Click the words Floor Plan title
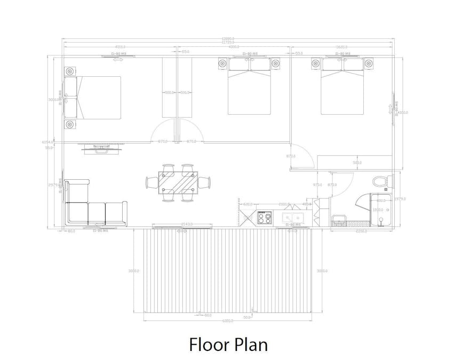228,344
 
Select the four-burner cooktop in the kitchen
264,218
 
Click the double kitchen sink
292,218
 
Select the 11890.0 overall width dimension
228,38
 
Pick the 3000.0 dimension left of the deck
134,271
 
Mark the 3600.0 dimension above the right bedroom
342,47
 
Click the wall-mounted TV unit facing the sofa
100,150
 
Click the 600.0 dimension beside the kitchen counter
247,204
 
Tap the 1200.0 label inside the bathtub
377,210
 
